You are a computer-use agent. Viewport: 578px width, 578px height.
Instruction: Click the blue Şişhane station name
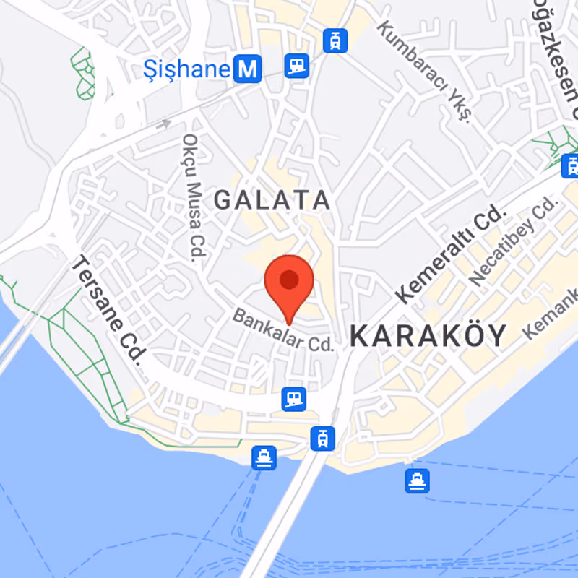point(186,70)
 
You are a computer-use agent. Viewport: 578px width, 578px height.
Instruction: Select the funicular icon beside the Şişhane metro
point(296,66)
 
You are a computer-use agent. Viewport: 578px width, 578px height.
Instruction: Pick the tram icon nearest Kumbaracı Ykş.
point(335,40)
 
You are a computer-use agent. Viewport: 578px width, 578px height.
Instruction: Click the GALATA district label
point(272,200)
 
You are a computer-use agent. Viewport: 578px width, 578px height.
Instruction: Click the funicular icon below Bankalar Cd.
point(294,398)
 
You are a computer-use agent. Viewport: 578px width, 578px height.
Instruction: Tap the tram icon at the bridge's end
point(322,438)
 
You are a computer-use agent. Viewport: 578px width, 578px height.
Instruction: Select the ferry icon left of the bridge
point(264,457)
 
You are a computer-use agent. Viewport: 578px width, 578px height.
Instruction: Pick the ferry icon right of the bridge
point(417,480)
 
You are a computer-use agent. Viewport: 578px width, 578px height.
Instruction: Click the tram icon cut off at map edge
point(570,165)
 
